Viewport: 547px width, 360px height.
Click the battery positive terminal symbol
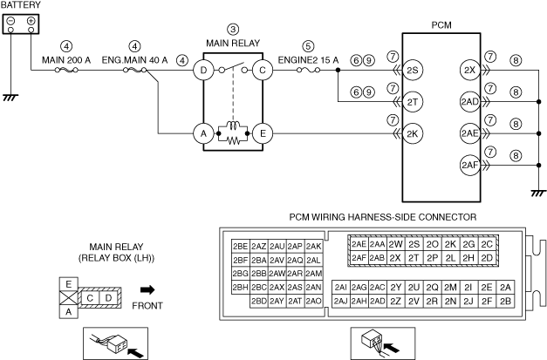[31, 21]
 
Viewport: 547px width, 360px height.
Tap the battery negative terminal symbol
[12, 21]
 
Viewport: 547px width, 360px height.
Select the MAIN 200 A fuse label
[66, 60]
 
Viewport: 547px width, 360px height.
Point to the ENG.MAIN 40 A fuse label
[135, 60]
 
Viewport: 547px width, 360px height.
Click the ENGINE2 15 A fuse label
[308, 60]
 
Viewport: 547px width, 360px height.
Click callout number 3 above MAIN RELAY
[232, 29]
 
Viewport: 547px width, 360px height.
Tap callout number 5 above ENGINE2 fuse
[308, 45]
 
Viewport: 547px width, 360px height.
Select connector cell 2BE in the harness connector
[241, 246]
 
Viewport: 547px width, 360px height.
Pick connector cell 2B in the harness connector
[507, 301]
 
